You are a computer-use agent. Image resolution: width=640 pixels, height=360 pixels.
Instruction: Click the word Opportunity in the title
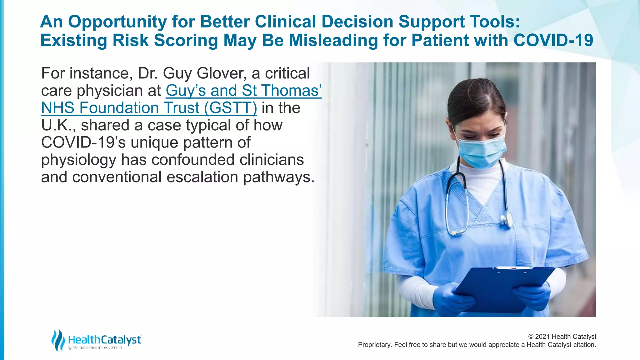coord(117,22)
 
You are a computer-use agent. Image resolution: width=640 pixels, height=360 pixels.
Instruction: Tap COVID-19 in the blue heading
coord(553,41)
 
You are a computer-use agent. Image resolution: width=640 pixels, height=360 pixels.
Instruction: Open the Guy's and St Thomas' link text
coord(243,91)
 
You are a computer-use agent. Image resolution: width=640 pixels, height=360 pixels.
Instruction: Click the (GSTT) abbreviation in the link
coord(230,108)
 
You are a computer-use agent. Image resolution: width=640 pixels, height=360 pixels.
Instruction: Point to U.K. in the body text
coord(58,125)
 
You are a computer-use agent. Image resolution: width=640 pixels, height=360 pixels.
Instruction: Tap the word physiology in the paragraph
coord(78,160)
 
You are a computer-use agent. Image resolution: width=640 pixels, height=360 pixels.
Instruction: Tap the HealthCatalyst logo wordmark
coord(105,340)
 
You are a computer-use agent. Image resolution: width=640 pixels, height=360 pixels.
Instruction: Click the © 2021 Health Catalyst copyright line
coord(562,337)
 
